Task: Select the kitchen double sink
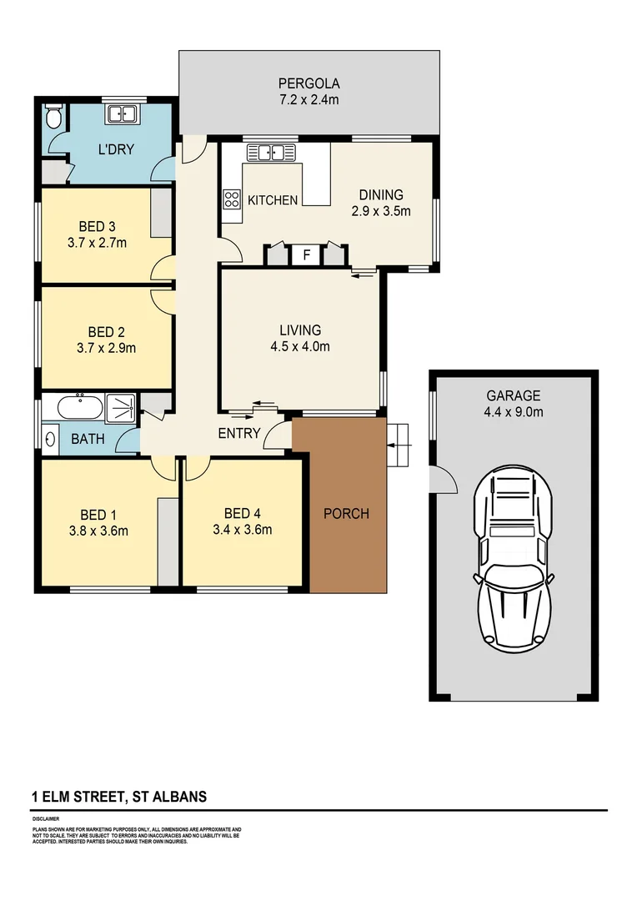(271, 153)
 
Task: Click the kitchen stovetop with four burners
(231, 199)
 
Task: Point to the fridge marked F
(306, 254)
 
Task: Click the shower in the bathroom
(122, 408)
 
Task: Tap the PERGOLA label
(309, 83)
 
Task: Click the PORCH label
(346, 513)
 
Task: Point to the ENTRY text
(239, 433)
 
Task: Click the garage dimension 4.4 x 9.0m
(514, 412)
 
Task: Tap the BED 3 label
(97, 226)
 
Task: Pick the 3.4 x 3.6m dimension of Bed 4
(243, 529)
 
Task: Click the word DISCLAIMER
(48, 821)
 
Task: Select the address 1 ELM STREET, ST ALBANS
(119, 797)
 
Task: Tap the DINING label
(381, 195)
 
